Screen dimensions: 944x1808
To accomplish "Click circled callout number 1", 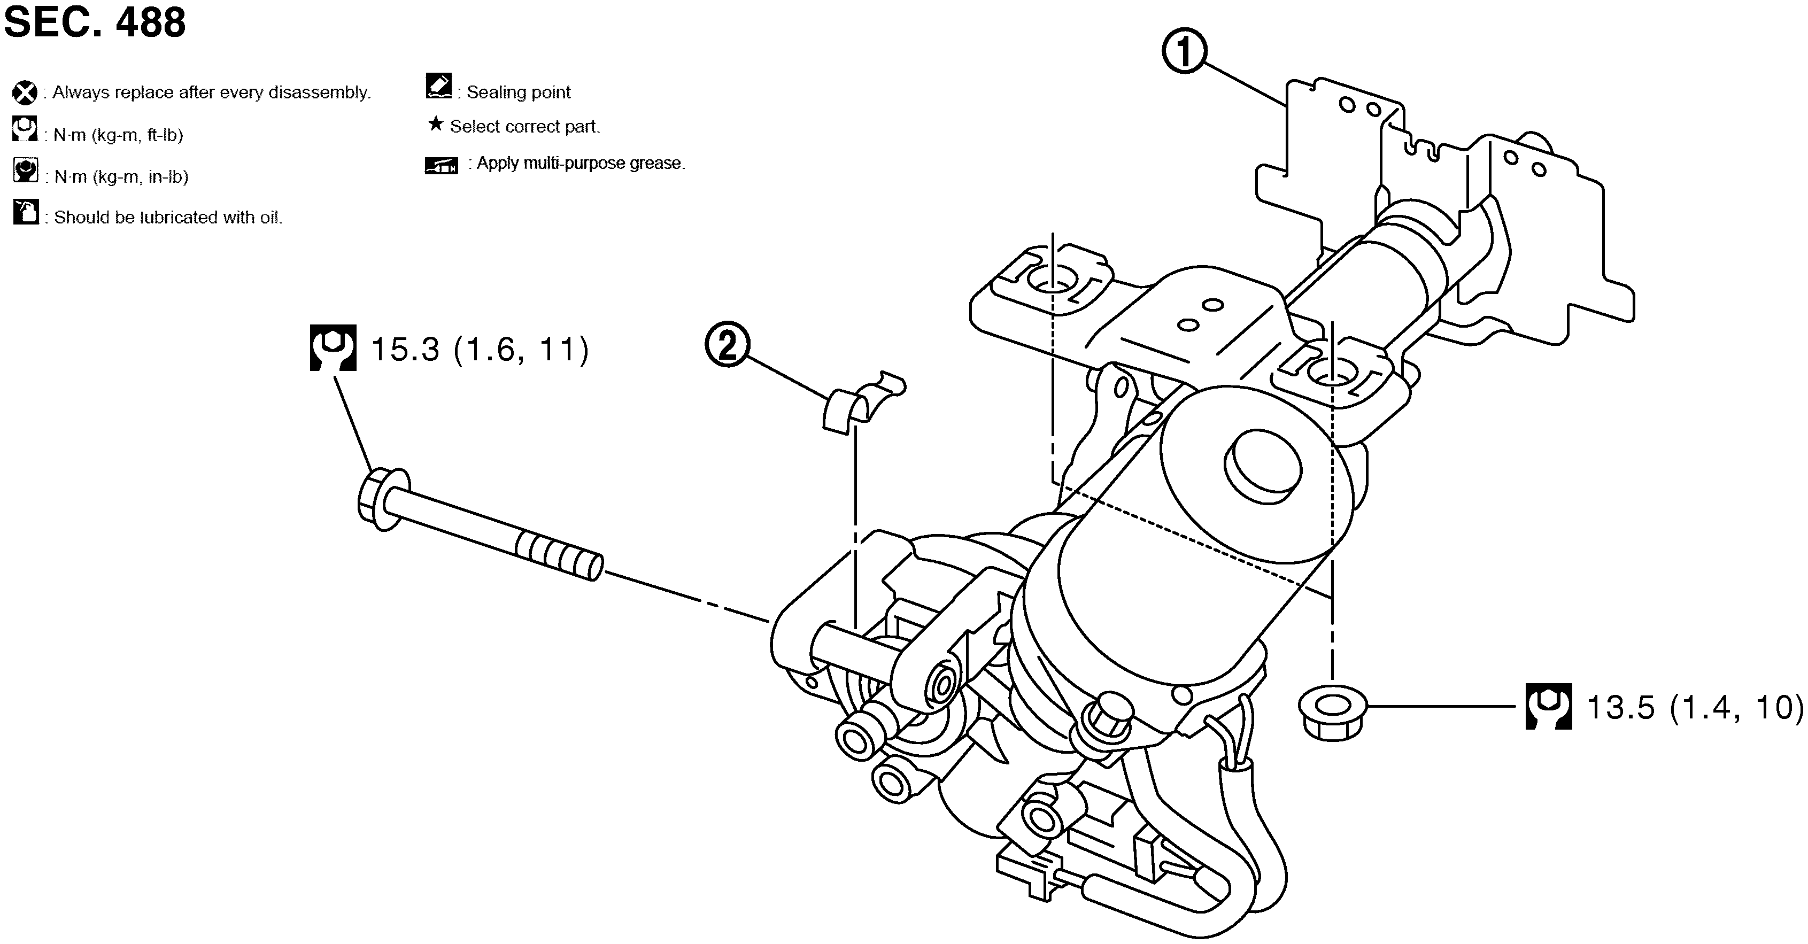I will (1184, 51).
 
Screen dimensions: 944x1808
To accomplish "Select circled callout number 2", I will (727, 345).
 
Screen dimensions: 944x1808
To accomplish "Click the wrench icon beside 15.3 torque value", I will (333, 347).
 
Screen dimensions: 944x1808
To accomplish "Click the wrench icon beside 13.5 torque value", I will (1548, 706).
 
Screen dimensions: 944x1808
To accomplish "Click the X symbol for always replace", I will (25, 92).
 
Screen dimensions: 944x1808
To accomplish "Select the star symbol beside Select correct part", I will (435, 125).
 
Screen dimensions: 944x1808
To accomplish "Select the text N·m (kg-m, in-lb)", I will (121, 177).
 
